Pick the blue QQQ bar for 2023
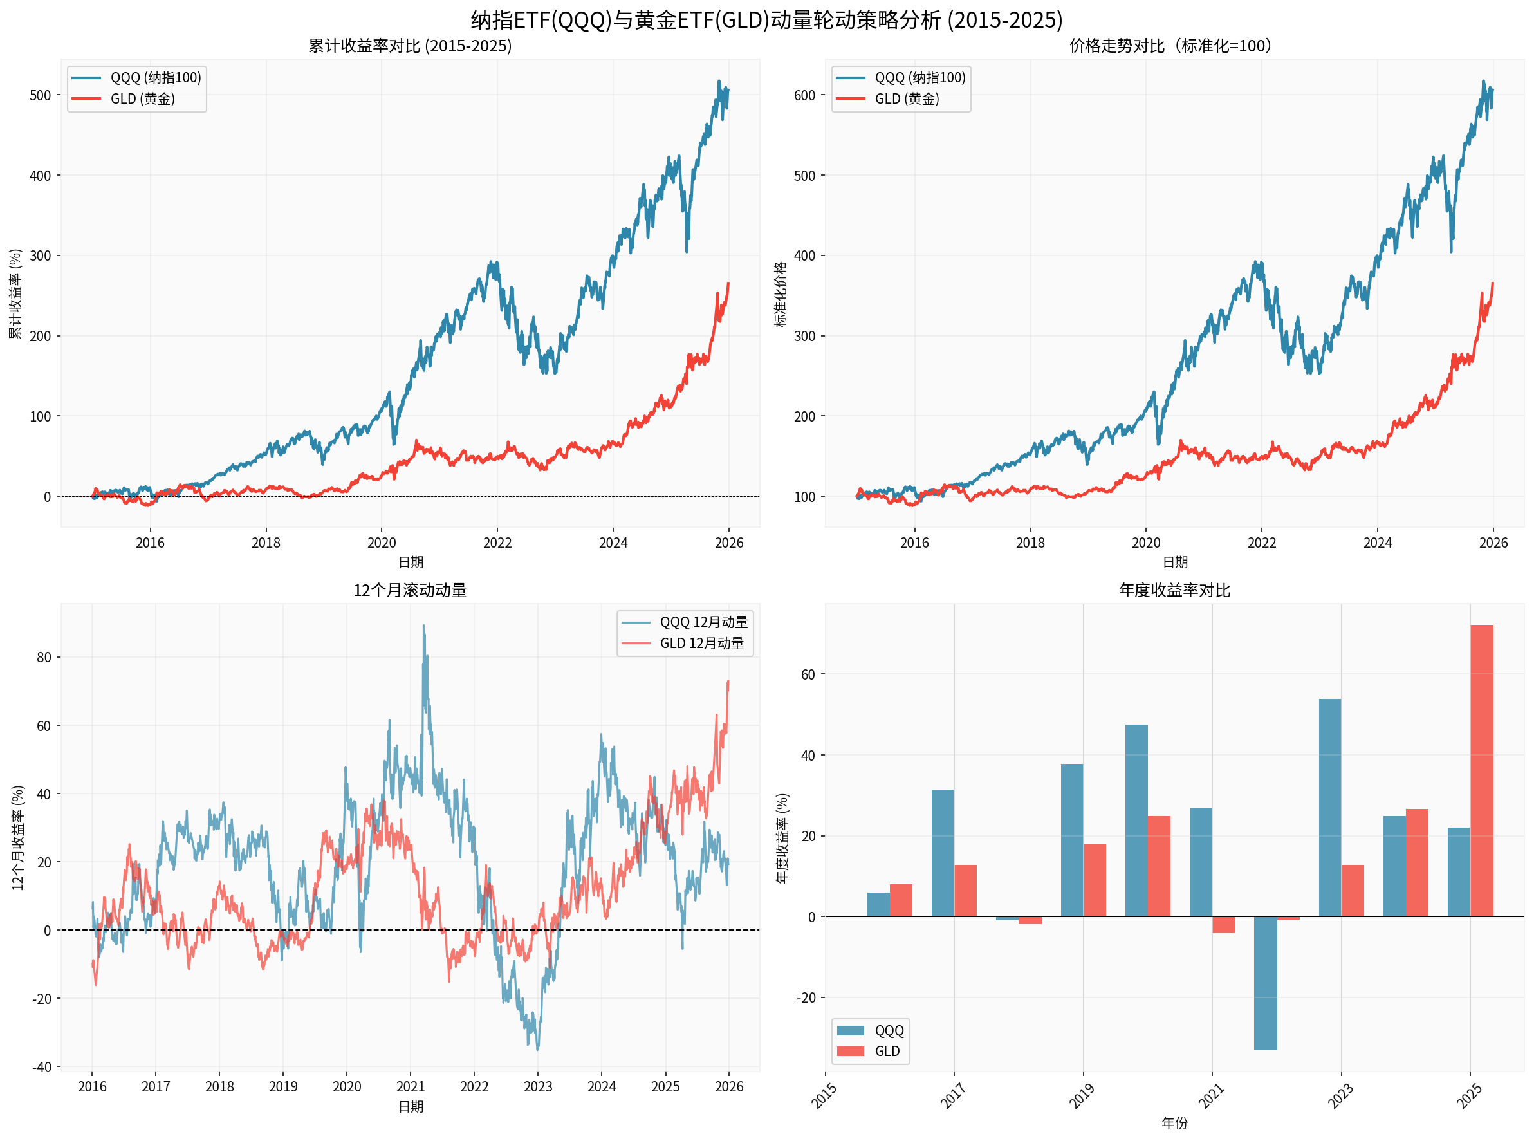(x=1329, y=808)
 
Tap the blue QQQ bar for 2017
(x=942, y=853)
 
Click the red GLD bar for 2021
(x=1223, y=925)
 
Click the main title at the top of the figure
(x=766, y=19)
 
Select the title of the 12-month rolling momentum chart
(x=410, y=590)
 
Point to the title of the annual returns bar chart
(x=1174, y=590)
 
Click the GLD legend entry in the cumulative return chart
(x=142, y=98)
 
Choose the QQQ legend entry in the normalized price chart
(x=919, y=77)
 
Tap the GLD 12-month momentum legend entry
(x=701, y=643)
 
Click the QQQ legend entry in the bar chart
(x=888, y=1030)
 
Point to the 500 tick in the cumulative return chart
(x=40, y=95)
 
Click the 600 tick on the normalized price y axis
(x=804, y=95)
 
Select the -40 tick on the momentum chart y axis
(x=41, y=1067)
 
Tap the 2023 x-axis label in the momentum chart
(x=537, y=1086)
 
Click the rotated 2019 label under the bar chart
(x=1082, y=1096)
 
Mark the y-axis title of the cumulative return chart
(x=15, y=293)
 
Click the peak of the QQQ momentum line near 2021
(x=423, y=626)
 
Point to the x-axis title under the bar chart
(x=1174, y=1123)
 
